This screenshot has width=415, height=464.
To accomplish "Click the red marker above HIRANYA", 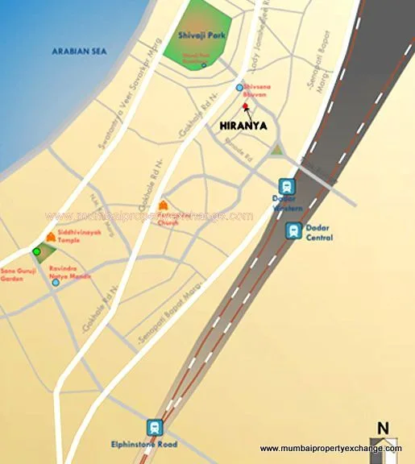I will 245,106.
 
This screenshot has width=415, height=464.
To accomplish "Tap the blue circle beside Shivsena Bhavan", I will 239,87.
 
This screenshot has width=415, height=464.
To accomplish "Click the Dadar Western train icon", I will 286,186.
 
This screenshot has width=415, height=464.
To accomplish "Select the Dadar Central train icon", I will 295,231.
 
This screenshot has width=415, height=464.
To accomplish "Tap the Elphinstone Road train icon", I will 154,428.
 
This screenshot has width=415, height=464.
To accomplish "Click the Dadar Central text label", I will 320,233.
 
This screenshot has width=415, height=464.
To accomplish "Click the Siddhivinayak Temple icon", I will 52,237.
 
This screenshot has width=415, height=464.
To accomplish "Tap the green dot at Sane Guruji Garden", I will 36,252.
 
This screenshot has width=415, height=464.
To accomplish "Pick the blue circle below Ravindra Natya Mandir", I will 55,282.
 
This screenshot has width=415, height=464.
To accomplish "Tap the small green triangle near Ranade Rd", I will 277,149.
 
